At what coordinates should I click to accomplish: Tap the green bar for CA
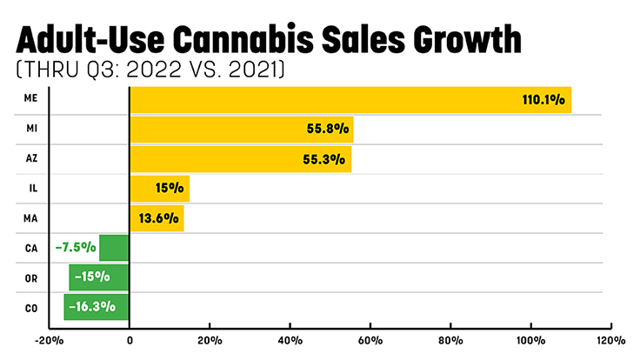114,248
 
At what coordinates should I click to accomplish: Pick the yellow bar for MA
157,218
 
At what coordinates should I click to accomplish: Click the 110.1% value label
545,101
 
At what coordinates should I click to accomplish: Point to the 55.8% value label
329,130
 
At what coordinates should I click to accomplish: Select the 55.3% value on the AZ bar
327,160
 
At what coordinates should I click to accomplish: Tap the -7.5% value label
75,248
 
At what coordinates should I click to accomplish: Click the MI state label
30,130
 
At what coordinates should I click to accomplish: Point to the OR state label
30,277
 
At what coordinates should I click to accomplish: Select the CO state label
30,306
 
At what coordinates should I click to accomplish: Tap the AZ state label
30,159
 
